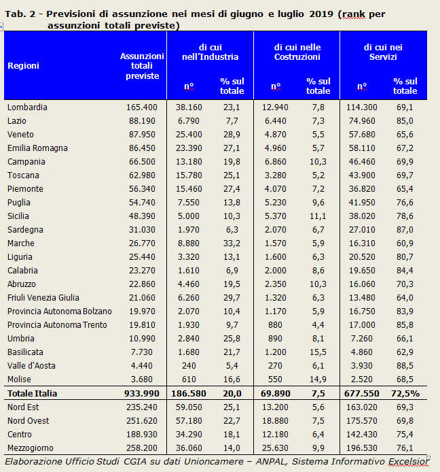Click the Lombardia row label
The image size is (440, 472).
pyautogui.click(x=27, y=107)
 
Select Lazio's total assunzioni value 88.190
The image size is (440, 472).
pyautogui.click(x=142, y=120)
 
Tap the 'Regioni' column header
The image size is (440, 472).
pyautogui.click(x=24, y=65)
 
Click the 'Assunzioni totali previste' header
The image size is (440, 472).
pyautogui.click(x=142, y=65)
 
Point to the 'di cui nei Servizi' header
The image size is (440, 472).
pyautogui.click(x=383, y=52)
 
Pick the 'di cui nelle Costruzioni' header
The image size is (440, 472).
pyautogui.click(x=297, y=52)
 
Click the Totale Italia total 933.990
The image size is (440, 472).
pyautogui.click(x=142, y=393)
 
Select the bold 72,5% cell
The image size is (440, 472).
pyautogui.click(x=405, y=393)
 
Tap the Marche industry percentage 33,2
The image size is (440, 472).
pyautogui.click(x=232, y=243)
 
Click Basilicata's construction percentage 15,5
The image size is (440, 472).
pyautogui.click(x=318, y=352)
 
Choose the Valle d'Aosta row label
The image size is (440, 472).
pyautogui.click(x=31, y=366)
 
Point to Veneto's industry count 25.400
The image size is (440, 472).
pyautogui.click(x=189, y=134)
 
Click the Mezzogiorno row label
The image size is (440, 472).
pyautogui.click(x=31, y=448)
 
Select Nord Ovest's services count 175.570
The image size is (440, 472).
pyautogui.click(x=362, y=420)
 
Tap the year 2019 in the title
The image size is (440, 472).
pyautogui.click(x=321, y=14)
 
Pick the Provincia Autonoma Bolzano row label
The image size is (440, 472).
pyautogui.click(x=60, y=311)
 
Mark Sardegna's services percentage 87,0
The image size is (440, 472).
pyautogui.click(x=405, y=230)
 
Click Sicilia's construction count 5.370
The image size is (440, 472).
pyautogui.click(x=275, y=216)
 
